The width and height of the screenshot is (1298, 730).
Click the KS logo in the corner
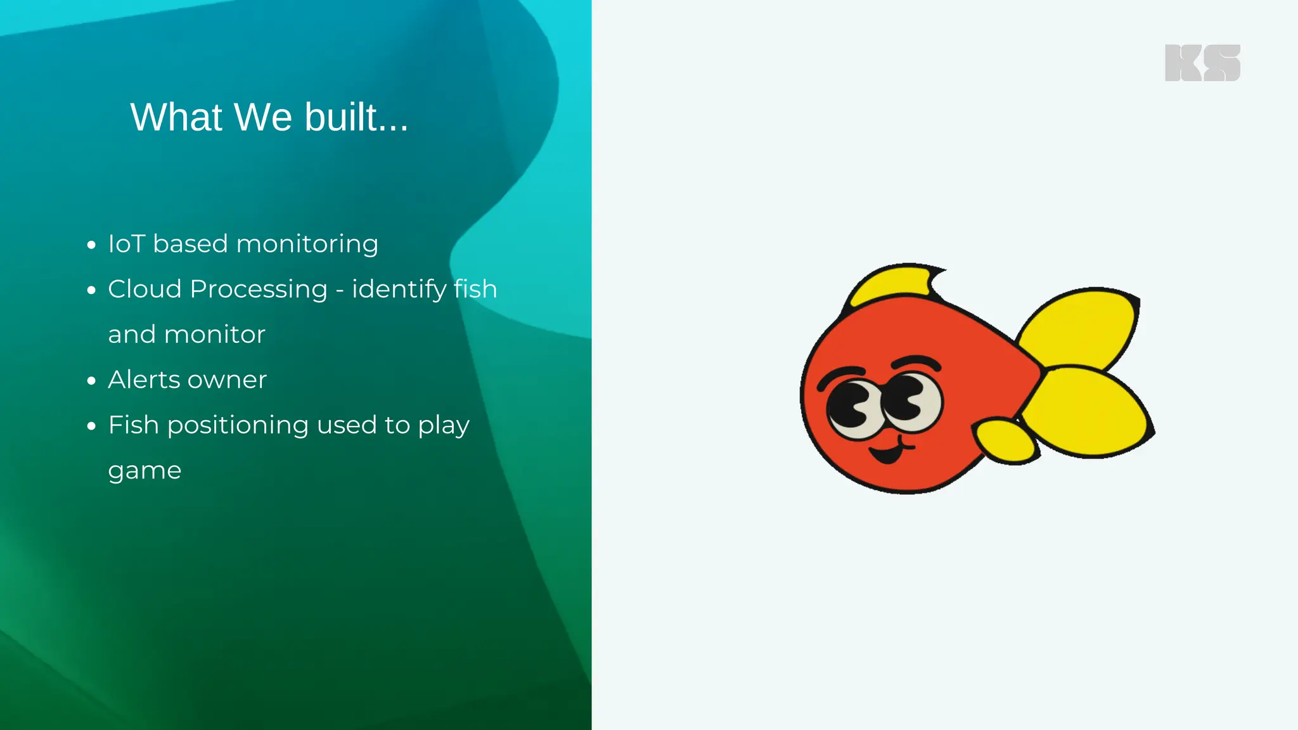coord(1202,63)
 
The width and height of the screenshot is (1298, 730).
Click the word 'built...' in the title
coord(356,117)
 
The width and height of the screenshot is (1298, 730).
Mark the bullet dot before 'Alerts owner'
coord(92,380)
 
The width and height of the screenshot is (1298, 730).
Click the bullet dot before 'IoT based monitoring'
coord(92,245)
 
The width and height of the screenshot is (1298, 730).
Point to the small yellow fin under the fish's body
coord(1006,441)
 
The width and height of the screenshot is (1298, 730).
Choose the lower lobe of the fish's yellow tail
coord(1089,411)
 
